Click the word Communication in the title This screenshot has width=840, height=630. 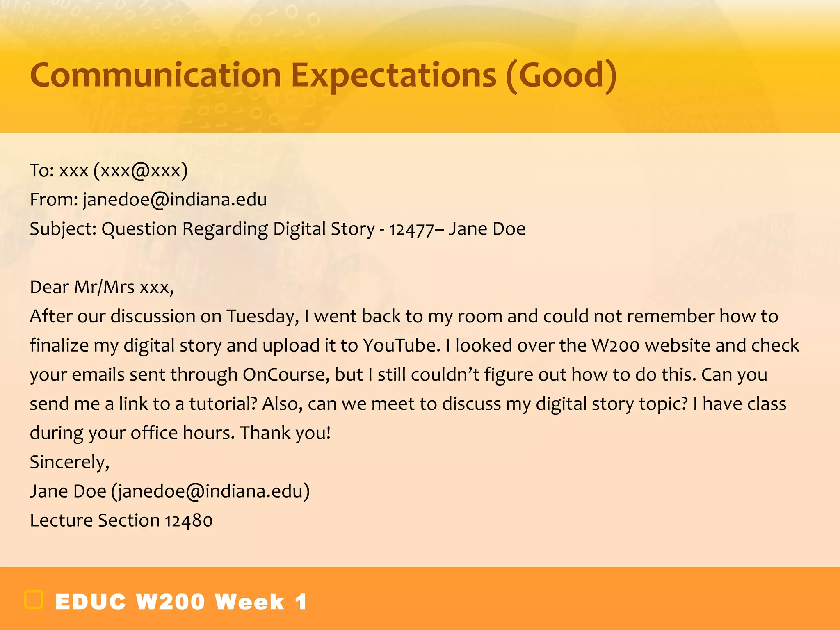coord(155,75)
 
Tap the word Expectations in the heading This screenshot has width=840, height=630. coord(394,75)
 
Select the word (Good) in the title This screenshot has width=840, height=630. coord(561,75)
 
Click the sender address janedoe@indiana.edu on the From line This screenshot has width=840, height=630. coord(175,200)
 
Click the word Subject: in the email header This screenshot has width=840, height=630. coord(63,229)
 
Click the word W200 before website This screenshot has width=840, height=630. coord(615,345)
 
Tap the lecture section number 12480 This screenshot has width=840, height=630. coord(189,521)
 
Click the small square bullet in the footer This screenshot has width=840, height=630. coord(34,600)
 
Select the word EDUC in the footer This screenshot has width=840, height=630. coord(91,602)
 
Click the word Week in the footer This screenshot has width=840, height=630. coord(250,602)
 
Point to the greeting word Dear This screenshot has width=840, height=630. coord(49,287)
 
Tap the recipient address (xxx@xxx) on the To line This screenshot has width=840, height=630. coord(141,171)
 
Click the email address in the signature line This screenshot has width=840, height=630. coord(211,491)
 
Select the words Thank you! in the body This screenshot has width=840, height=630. coord(285,433)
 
